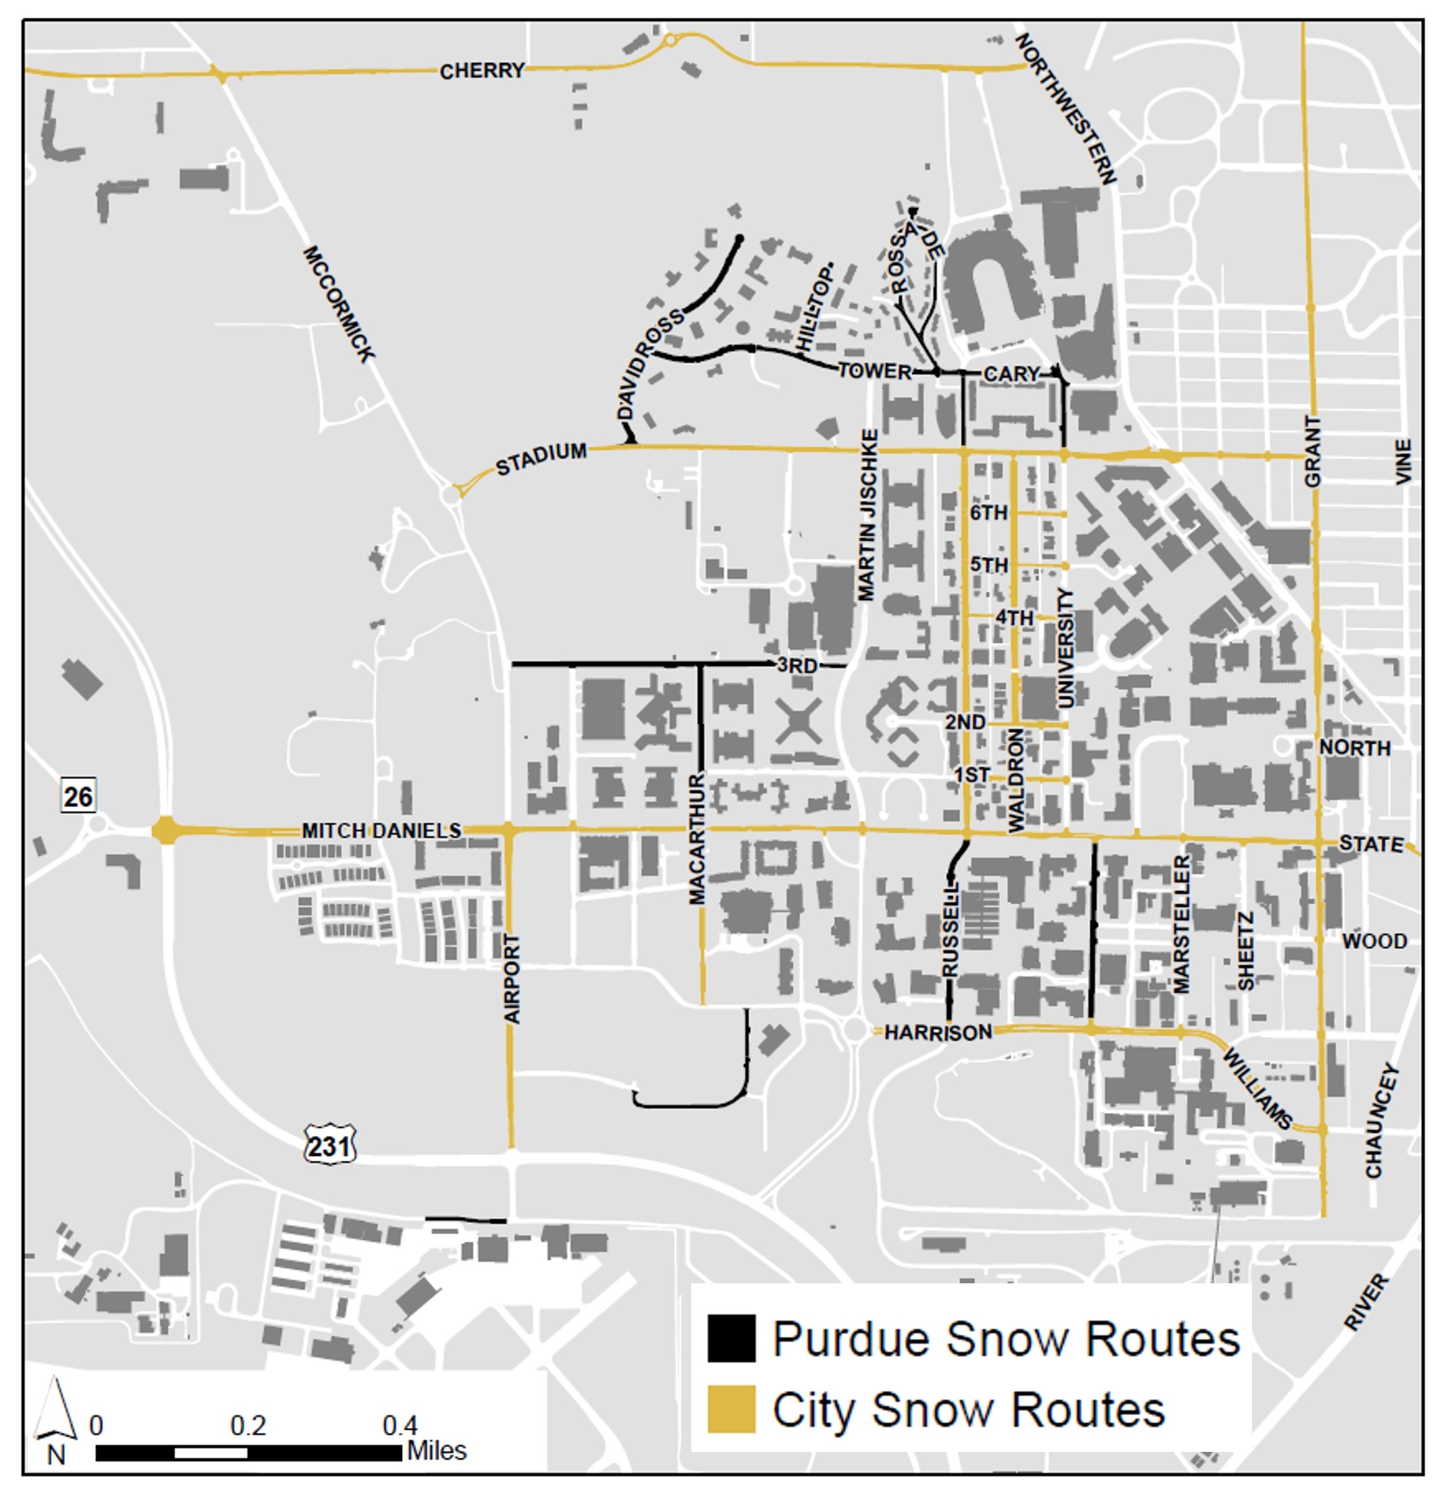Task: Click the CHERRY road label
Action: click(x=481, y=70)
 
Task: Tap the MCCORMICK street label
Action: click(x=338, y=303)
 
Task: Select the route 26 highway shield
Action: click(x=78, y=796)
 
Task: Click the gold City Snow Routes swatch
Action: click(x=731, y=1409)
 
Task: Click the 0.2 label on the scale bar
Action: click(x=248, y=1426)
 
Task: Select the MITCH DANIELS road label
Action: click(x=381, y=831)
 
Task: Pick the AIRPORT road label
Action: click(x=512, y=979)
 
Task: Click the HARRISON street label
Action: click(x=938, y=1033)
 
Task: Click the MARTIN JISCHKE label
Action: click(x=868, y=515)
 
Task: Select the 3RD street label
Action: click(x=797, y=665)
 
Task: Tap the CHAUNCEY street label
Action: click(x=1382, y=1120)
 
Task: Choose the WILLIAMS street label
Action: click(x=1256, y=1088)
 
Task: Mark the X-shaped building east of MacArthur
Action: click(x=799, y=722)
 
